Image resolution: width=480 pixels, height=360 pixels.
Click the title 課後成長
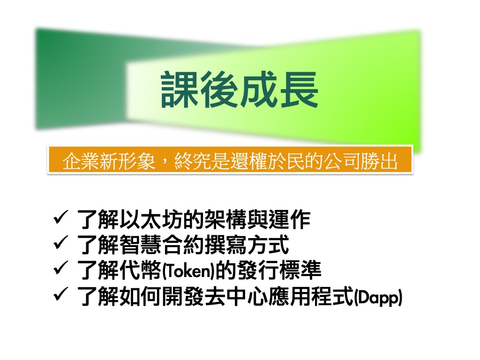click(240, 90)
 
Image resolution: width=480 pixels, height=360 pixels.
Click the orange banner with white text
click(230, 160)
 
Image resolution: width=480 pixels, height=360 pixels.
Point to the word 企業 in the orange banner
click(81, 161)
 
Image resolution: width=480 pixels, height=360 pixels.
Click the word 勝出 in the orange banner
click(379, 161)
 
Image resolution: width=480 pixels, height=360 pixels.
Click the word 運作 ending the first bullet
click(290, 219)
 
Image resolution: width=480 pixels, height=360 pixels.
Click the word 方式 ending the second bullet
click(268, 245)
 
